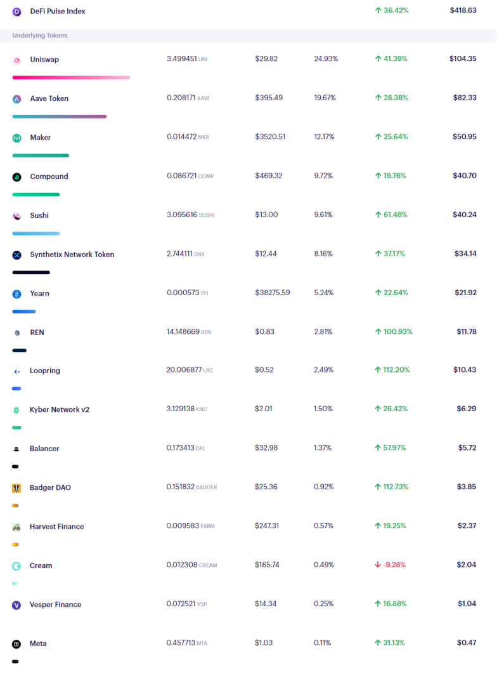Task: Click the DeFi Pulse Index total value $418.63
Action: coord(463,10)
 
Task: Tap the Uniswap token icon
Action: coord(16,60)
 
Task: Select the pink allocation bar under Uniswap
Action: coord(71,77)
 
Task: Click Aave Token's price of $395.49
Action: coord(269,98)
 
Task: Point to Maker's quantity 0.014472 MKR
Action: coord(188,136)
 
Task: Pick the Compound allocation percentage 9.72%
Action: coord(323,175)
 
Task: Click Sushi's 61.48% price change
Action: coord(391,215)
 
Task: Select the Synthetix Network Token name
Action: coord(72,254)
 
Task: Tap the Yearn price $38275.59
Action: coord(273,293)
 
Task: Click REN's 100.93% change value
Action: coord(394,331)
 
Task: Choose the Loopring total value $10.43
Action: coord(465,369)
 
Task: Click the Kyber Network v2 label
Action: coord(60,409)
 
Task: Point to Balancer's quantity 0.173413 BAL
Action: coord(186,448)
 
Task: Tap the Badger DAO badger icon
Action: coord(16,488)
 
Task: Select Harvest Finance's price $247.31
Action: coord(267,525)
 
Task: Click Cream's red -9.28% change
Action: coord(390,564)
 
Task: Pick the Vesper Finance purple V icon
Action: coord(16,605)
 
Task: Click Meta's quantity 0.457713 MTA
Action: coord(187,643)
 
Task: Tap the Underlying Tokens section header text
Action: coord(40,36)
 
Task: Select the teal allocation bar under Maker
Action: coord(41,155)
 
